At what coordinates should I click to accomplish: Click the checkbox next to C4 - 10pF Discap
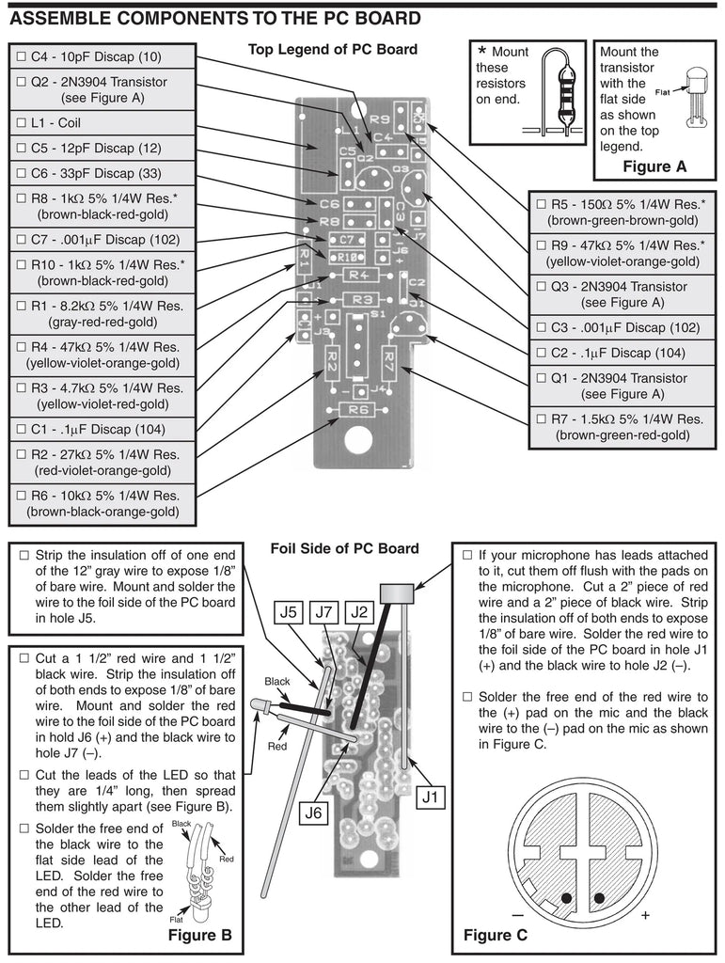tap(22, 56)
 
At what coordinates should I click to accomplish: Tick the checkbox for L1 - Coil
tap(22, 122)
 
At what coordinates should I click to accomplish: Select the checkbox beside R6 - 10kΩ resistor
tap(22, 496)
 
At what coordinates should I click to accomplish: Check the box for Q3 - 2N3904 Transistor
tap(541, 286)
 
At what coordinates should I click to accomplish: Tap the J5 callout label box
tap(291, 613)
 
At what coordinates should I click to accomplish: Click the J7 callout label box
tap(324, 613)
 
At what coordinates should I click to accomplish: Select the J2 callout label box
tap(358, 613)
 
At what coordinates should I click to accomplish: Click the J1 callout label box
tap(431, 797)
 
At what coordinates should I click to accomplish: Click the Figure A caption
tap(655, 166)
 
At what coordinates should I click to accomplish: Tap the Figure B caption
tap(199, 935)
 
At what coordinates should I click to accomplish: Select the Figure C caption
tap(496, 935)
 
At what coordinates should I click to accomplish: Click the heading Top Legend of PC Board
tap(333, 50)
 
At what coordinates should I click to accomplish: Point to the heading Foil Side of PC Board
tap(344, 548)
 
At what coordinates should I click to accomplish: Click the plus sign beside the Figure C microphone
tap(645, 914)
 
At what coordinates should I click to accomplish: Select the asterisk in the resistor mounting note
tap(482, 52)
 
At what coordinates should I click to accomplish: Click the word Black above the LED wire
tap(277, 680)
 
